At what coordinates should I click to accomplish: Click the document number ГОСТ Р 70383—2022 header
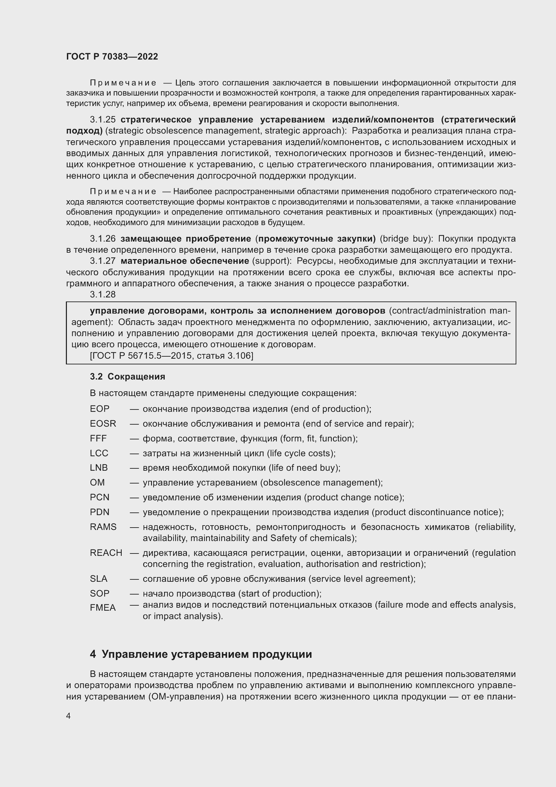(x=112, y=57)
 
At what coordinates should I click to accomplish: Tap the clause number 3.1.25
(x=103, y=120)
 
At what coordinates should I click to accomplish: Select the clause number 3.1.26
(x=103, y=239)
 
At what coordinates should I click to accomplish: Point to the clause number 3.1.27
(x=103, y=261)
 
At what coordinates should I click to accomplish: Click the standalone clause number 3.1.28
(x=103, y=294)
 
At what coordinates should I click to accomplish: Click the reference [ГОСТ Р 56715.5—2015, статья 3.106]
(x=171, y=356)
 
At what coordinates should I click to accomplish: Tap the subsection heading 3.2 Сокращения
(x=127, y=377)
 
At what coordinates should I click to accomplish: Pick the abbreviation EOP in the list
(x=100, y=409)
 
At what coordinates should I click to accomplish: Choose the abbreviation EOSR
(x=103, y=424)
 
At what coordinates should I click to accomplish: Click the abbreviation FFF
(x=98, y=438)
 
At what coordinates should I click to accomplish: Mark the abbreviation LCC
(x=99, y=453)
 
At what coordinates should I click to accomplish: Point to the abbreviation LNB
(x=98, y=468)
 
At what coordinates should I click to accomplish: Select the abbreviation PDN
(x=100, y=512)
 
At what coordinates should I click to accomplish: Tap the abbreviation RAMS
(x=103, y=527)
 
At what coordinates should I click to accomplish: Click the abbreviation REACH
(x=106, y=553)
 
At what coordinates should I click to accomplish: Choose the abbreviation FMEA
(x=103, y=608)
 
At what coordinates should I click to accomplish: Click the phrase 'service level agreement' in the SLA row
(x=361, y=579)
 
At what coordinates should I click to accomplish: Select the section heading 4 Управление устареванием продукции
(x=201, y=654)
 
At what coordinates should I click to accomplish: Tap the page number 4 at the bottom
(x=68, y=716)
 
